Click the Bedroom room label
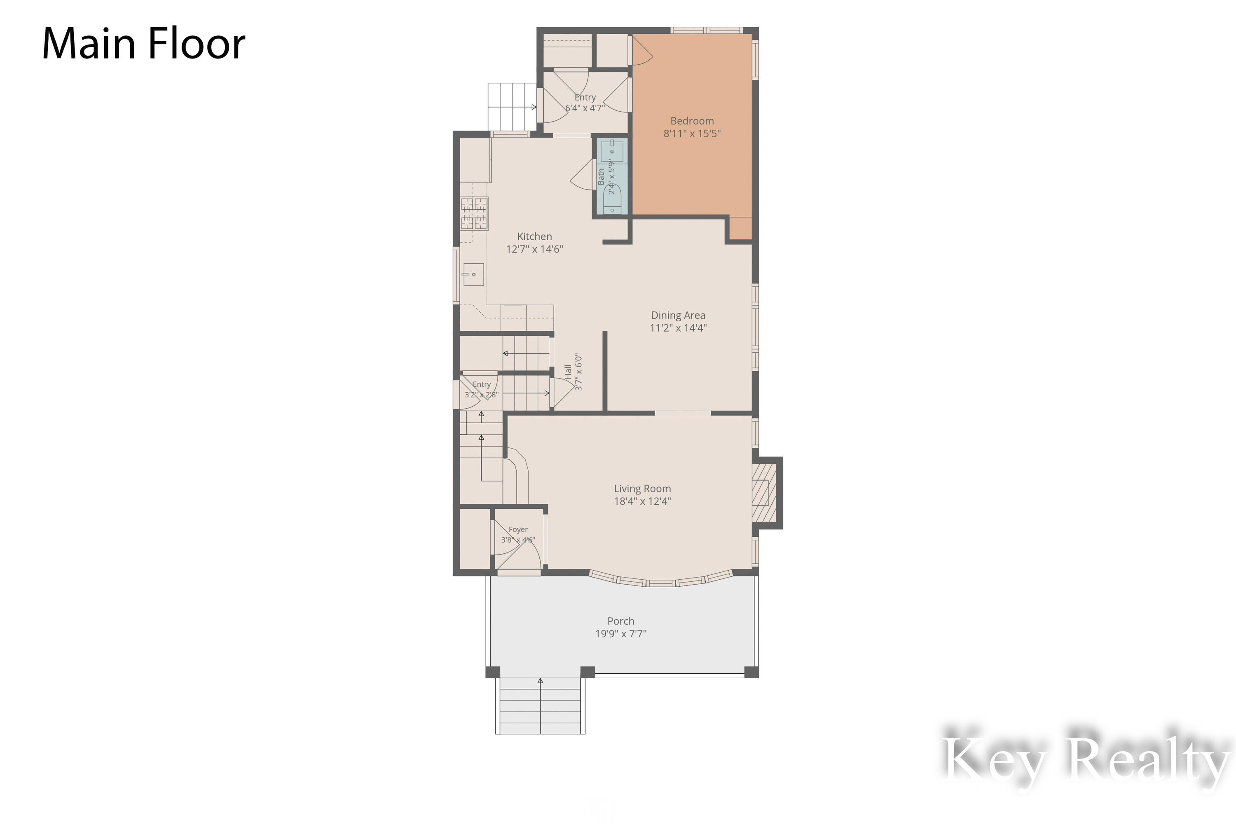pyautogui.click(x=692, y=121)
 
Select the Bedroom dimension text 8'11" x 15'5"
pyautogui.click(x=692, y=133)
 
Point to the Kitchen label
pyautogui.click(x=534, y=236)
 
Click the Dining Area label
pyautogui.click(x=678, y=315)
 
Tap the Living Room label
pyautogui.click(x=642, y=489)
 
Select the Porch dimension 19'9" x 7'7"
pyautogui.click(x=620, y=634)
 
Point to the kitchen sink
pyautogui.click(x=473, y=274)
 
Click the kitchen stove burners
pyautogui.click(x=474, y=213)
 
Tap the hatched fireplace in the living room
pyautogui.click(x=764, y=492)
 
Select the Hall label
pyautogui.click(x=568, y=372)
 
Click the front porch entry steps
pyautogui.click(x=540, y=705)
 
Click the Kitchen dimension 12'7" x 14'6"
pyautogui.click(x=534, y=249)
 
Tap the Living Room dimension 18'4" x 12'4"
pyautogui.click(x=642, y=501)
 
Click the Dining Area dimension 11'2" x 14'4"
pyautogui.click(x=678, y=328)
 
